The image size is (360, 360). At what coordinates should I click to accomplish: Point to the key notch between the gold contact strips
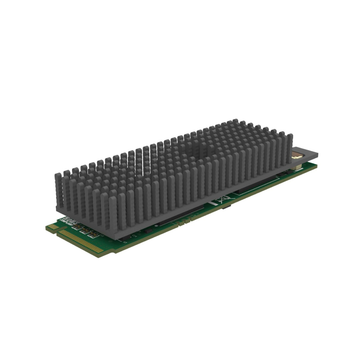coord(58,231)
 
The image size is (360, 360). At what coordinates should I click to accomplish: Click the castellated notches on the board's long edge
coord(180,224)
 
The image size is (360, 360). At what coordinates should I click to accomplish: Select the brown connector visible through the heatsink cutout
coord(296,157)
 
